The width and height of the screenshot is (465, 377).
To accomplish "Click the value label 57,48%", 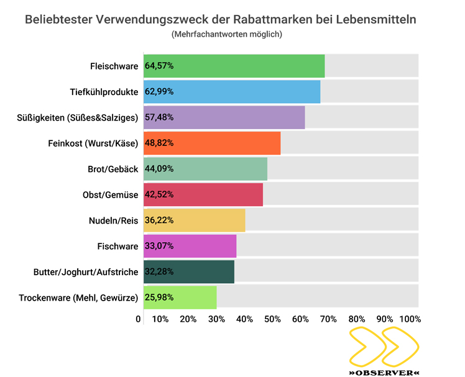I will point(160,117).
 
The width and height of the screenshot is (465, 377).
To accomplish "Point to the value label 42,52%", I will point(160,195).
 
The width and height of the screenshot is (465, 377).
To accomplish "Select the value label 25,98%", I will point(160,298).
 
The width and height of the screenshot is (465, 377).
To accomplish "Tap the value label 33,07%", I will point(160,247).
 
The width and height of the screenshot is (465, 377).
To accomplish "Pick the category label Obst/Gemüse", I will point(110,195).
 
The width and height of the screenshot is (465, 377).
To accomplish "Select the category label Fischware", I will point(117,247).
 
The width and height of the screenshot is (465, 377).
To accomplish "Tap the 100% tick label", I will point(411,319).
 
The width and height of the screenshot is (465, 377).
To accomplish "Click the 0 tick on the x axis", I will point(138,319).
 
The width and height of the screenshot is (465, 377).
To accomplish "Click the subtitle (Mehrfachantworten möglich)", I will point(227,35).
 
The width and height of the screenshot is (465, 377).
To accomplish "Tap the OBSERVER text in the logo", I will point(384,373).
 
